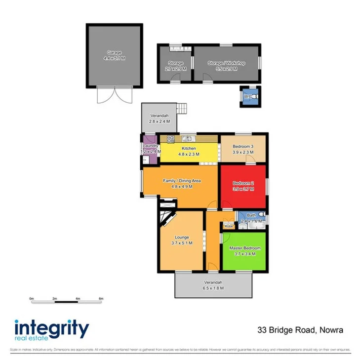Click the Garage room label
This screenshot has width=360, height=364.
[x=115, y=52]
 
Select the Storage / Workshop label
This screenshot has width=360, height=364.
[x=226, y=63]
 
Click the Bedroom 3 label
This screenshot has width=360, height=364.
[x=243, y=147]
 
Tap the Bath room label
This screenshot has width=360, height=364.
[x=251, y=215]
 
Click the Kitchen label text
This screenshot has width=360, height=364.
[x=189, y=148]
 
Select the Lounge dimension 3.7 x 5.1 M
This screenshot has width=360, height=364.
[x=181, y=243]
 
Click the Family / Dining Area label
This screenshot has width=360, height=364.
[x=182, y=181]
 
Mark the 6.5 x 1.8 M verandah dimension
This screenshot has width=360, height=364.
[x=214, y=287]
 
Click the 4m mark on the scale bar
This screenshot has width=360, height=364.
[x=78, y=299]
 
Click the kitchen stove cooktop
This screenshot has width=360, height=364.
[x=171, y=139]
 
